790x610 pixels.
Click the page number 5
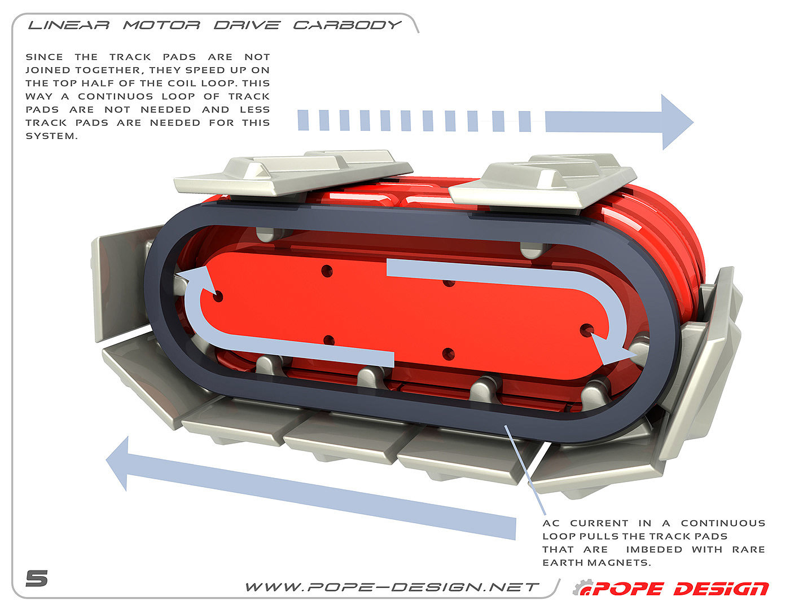click(x=37, y=578)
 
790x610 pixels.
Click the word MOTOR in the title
click(x=161, y=25)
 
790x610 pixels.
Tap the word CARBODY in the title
click(x=347, y=25)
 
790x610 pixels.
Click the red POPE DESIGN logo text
click(x=680, y=589)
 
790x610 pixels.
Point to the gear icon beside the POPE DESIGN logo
click(x=581, y=588)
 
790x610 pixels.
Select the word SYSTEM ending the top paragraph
click(x=51, y=136)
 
